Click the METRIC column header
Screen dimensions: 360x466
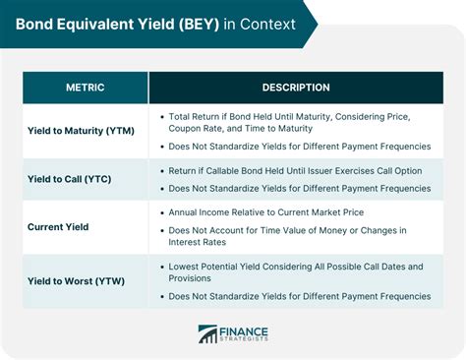point(86,88)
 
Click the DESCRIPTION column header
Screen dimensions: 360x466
point(296,88)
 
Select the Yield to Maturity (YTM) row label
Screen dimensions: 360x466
point(81,130)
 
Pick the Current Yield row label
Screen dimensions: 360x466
point(58,226)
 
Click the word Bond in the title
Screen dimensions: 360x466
point(34,23)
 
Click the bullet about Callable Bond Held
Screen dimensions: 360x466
point(295,170)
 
